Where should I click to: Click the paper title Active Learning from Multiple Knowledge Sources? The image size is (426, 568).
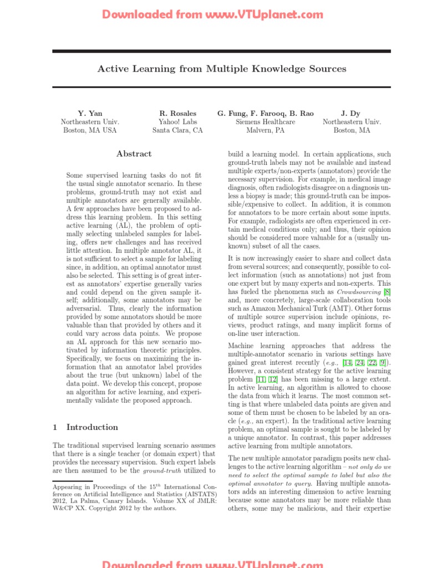tap(222, 69)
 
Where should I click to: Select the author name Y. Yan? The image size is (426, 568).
tap(90, 113)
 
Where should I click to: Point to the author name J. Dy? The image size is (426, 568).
tap(351, 113)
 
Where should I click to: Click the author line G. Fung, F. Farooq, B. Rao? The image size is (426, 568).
tap(265, 113)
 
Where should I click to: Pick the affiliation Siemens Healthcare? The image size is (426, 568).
tap(265, 121)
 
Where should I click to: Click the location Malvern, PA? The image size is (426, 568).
tap(265, 130)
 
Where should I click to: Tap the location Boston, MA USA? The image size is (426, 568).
tap(90, 130)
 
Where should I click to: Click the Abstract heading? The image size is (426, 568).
tap(134, 154)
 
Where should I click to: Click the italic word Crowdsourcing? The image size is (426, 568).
tap(359, 291)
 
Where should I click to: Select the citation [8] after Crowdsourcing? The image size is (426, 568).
tap(387, 291)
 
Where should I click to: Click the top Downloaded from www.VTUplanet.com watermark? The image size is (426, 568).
tap(212, 15)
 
